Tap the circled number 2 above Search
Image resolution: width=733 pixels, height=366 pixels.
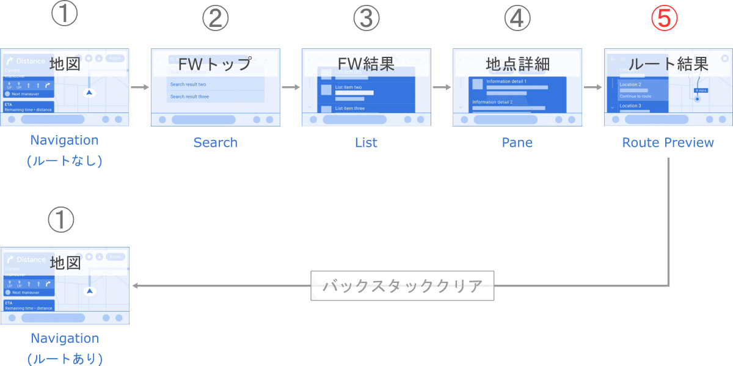pyautogui.click(x=216, y=18)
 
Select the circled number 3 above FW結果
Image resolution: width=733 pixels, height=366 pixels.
pyautogui.click(x=366, y=18)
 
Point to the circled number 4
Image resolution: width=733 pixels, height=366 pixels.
pyautogui.click(x=517, y=18)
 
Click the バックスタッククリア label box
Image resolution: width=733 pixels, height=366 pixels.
pyautogui.click(x=403, y=285)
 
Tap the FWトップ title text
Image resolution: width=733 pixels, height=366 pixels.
pyautogui.click(x=216, y=64)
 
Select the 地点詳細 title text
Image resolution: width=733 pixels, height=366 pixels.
pyautogui.click(x=517, y=64)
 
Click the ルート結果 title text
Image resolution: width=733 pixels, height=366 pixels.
pyautogui.click(x=668, y=64)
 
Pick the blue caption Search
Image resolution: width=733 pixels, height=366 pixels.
pyautogui.click(x=216, y=142)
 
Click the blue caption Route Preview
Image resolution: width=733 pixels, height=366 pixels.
pyautogui.click(x=668, y=142)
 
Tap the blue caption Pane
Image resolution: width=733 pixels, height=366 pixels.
pyautogui.click(x=517, y=142)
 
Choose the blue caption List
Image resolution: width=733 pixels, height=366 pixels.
pyautogui.click(x=366, y=142)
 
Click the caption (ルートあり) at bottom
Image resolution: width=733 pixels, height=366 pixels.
pyautogui.click(x=65, y=357)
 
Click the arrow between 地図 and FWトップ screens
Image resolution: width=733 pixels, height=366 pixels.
pyautogui.click(x=140, y=87)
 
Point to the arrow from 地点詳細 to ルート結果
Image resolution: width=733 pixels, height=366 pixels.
pyautogui.click(x=592, y=87)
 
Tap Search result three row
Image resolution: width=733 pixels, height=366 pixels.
pyautogui.click(x=189, y=97)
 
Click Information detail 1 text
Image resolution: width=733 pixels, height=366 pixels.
pyautogui.click(x=506, y=81)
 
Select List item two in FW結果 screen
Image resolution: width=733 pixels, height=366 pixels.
pyautogui.click(x=349, y=87)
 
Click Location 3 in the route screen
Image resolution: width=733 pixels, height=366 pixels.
pyautogui.click(x=630, y=106)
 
